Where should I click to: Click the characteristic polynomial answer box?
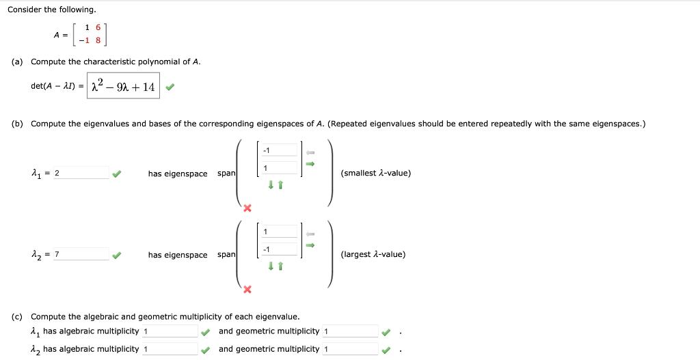point(123,86)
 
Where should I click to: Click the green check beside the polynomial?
point(170,87)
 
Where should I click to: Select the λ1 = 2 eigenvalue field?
point(81,173)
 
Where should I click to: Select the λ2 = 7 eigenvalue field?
point(81,254)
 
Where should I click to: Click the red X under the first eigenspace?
point(247,208)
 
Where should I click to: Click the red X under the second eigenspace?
point(247,290)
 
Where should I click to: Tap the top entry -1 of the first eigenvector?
point(279,150)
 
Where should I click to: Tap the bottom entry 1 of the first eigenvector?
point(279,168)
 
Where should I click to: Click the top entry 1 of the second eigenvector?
point(279,232)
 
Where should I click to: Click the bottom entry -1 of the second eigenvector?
point(279,249)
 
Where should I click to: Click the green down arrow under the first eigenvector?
point(271,185)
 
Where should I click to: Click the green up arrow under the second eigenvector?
point(280,266)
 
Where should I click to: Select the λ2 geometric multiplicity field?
point(351,349)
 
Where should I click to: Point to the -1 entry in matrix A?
point(84,40)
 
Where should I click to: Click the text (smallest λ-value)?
point(375,173)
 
